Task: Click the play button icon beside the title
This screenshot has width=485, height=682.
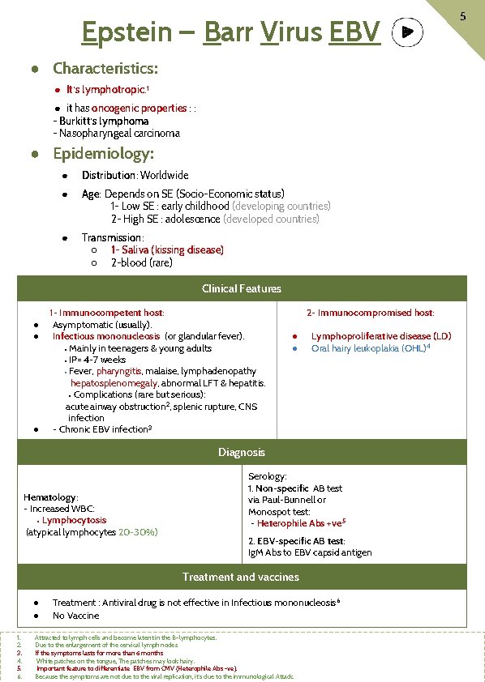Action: click(x=407, y=32)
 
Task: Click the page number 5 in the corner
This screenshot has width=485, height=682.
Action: click(x=463, y=16)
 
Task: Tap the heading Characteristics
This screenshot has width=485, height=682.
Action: click(x=105, y=68)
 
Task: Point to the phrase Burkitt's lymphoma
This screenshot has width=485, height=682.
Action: click(x=103, y=121)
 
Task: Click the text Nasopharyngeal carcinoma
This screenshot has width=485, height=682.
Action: click(x=118, y=133)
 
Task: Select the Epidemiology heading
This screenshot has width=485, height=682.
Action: click(x=103, y=153)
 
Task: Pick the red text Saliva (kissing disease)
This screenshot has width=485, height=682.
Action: click(x=167, y=250)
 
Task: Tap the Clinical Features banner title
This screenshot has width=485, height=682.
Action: click(x=242, y=288)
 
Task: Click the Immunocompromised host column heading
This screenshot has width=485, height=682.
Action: click(x=370, y=313)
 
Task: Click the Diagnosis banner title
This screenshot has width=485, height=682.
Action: click(x=242, y=452)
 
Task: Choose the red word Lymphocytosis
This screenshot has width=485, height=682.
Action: click(x=74, y=520)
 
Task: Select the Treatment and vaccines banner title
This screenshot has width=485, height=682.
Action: click(x=241, y=577)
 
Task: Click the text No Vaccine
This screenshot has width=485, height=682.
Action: click(x=76, y=616)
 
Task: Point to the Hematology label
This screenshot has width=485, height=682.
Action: click(x=50, y=497)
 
